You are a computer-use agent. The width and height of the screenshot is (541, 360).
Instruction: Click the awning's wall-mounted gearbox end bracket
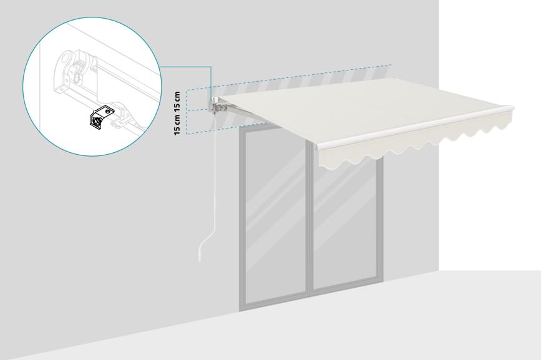pyautogui.click(x=215, y=105)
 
